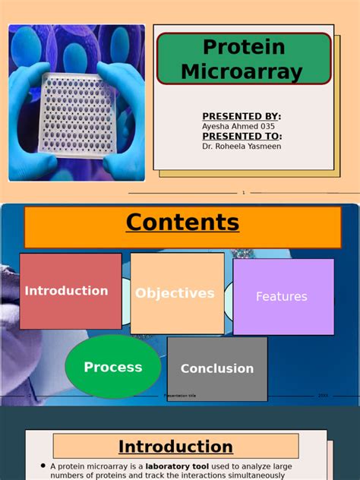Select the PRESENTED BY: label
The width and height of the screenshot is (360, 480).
point(242,116)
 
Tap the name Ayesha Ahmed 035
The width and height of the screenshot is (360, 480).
point(238,126)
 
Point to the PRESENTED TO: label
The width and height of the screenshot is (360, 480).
point(242,136)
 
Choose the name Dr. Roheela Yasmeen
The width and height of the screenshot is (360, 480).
point(242,146)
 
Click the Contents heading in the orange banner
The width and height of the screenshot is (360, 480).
point(182,223)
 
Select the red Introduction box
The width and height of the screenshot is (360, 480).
point(70,291)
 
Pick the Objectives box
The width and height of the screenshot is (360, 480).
point(177,293)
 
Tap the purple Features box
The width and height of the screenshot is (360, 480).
point(283,296)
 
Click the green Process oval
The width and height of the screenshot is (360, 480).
point(113,367)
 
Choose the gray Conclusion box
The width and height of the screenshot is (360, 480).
point(217,368)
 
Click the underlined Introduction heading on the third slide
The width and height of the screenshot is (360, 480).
point(175,447)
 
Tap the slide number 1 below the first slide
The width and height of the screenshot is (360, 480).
point(243,193)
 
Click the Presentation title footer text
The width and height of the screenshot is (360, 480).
point(180,396)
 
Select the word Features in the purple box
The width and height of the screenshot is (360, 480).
point(282,297)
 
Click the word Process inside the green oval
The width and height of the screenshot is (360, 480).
point(113,368)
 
